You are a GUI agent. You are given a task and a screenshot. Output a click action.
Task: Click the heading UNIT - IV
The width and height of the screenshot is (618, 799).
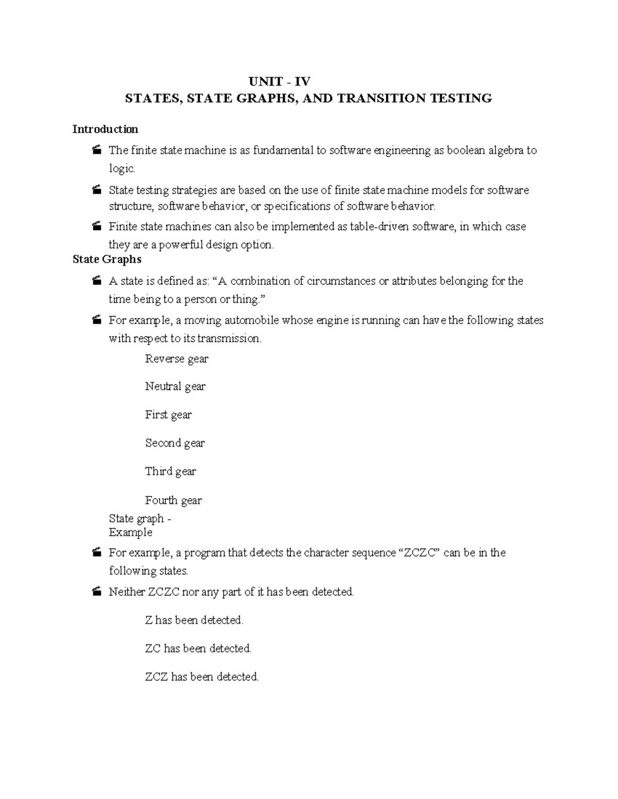tap(280, 82)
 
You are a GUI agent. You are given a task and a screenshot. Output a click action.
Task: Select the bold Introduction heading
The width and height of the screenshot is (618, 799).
tap(105, 129)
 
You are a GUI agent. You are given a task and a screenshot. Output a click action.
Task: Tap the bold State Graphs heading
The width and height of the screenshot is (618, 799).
tap(107, 259)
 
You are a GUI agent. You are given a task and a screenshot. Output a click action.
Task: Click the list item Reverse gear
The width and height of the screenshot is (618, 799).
tap(177, 359)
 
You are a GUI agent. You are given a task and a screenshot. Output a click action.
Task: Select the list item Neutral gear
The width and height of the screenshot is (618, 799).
tap(175, 386)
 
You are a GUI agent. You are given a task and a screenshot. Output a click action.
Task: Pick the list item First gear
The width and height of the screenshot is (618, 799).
tap(168, 415)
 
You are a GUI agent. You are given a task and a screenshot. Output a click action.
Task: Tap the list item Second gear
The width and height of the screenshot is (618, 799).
tap(175, 443)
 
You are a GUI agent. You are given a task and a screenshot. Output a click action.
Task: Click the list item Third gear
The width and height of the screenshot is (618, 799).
tap(170, 471)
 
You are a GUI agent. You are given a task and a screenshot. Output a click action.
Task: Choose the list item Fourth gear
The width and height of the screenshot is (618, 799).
tap(173, 500)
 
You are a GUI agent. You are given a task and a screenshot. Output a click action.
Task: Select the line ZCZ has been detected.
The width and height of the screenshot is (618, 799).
tap(201, 677)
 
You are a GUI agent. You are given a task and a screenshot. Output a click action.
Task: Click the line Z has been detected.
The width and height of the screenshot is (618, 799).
tap(194, 620)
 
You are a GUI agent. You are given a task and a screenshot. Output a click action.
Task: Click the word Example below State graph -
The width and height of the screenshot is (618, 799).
tap(130, 532)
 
